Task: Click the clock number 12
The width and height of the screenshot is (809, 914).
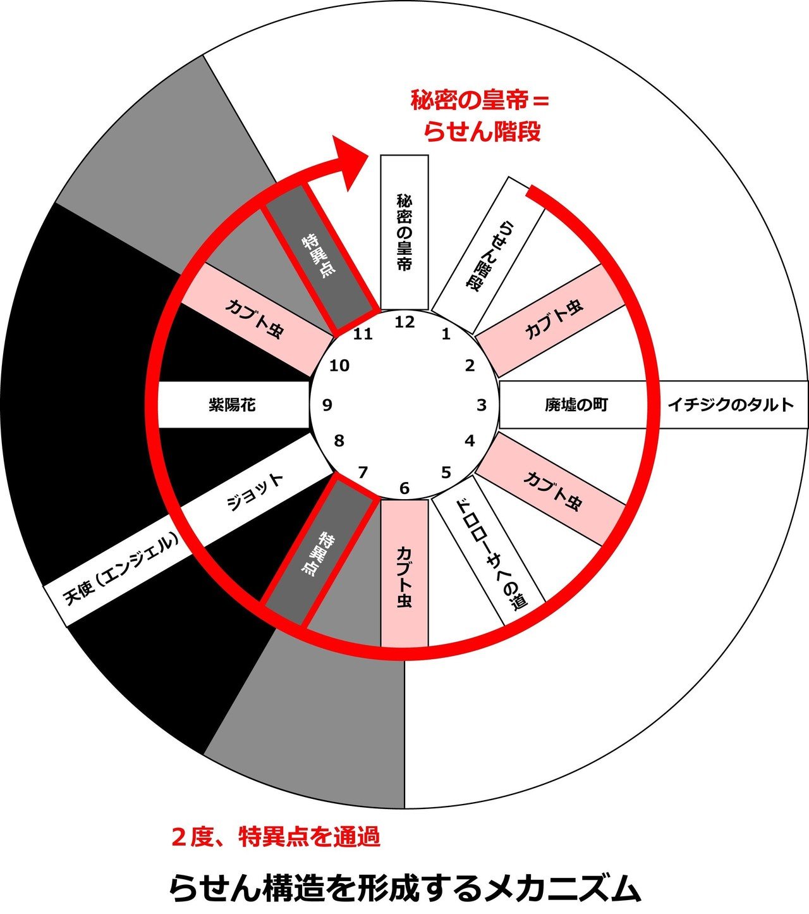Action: point(404,322)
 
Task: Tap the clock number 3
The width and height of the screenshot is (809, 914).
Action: point(482,405)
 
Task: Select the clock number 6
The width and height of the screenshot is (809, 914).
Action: point(404,488)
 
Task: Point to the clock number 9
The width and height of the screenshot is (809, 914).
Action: point(327,405)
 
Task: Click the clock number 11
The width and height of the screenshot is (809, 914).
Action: point(363,333)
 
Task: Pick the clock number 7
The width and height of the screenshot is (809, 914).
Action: point(363,472)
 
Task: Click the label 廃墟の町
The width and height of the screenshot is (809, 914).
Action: point(576,405)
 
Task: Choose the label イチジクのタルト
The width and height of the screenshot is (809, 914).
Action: point(731,405)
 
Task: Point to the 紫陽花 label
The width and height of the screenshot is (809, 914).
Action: point(232,405)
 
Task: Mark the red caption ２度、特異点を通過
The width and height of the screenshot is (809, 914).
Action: point(276,837)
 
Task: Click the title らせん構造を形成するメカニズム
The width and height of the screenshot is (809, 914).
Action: point(404,888)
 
